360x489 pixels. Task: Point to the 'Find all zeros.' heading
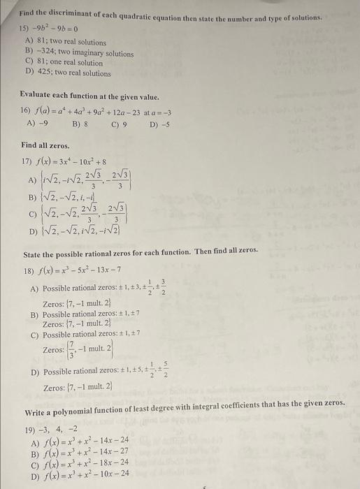click(45, 145)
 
